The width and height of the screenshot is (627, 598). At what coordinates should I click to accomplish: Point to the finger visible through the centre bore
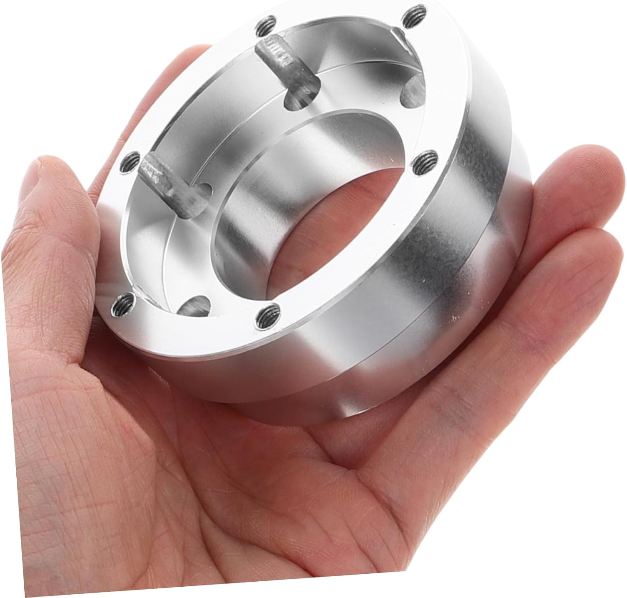point(334,234)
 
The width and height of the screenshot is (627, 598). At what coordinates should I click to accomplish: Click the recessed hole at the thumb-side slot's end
point(200,195)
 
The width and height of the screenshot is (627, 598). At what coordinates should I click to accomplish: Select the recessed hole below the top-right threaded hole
point(412,91)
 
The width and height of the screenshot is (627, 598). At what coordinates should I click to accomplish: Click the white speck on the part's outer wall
point(454,320)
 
